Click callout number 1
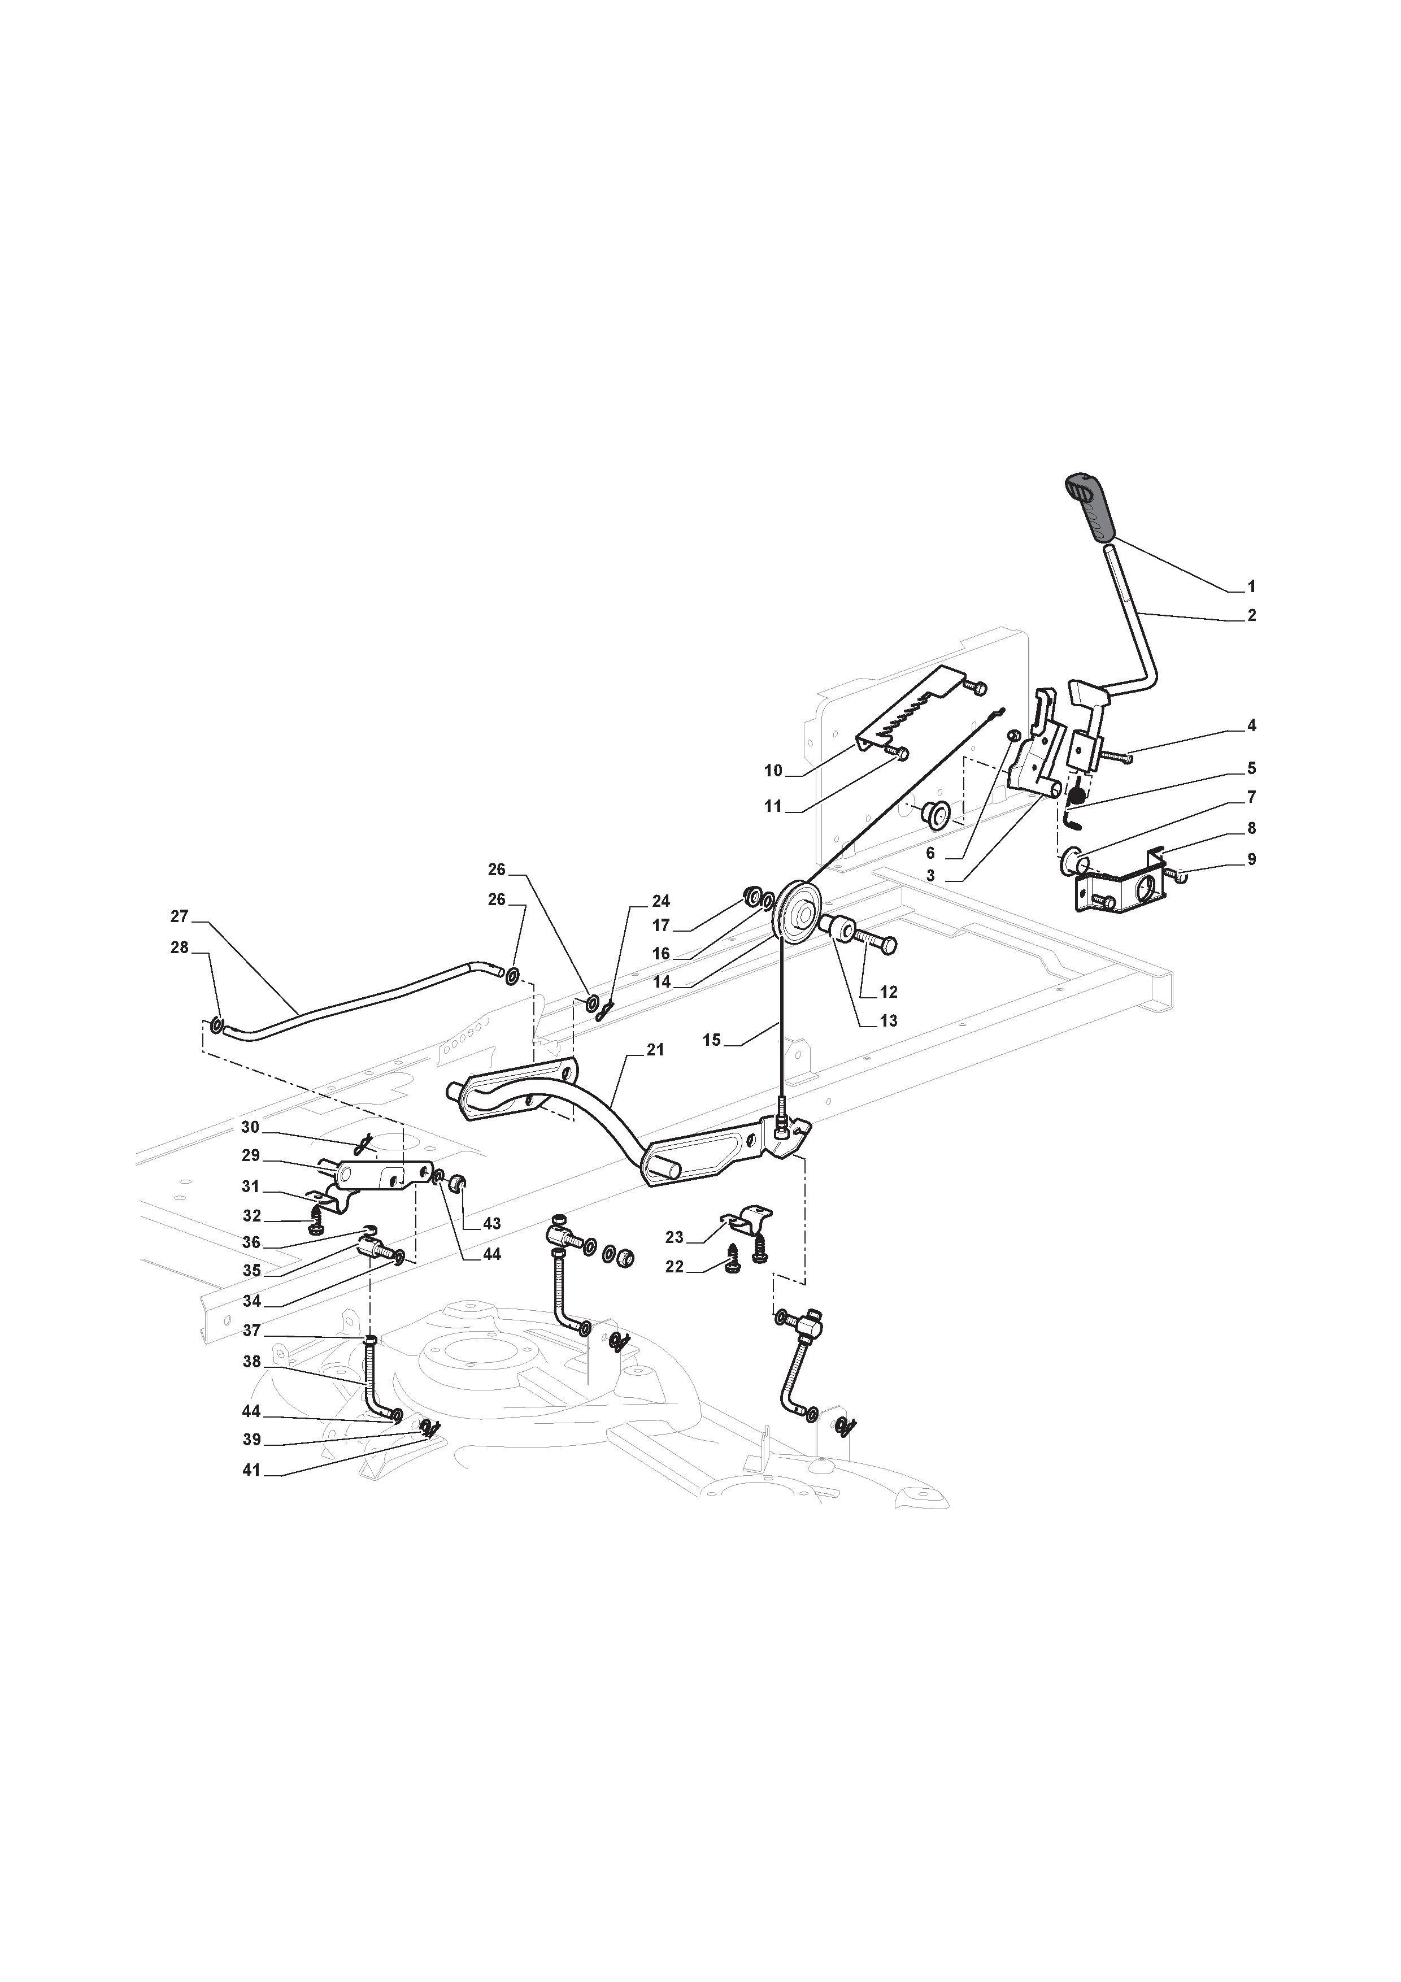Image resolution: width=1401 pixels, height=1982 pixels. [x=1252, y=587]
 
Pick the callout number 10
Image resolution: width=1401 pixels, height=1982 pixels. [x=773, y=771]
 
